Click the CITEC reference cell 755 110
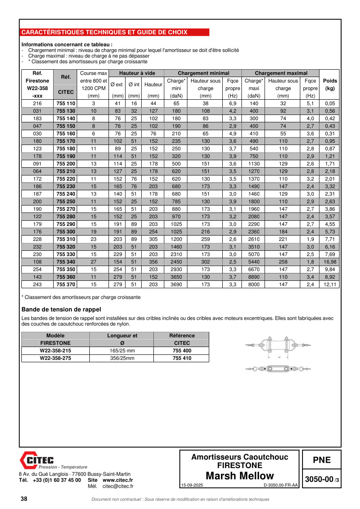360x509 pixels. [x=66, y=104]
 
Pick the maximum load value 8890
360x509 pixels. [x=254, y=277]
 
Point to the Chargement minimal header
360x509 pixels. [x=203, y=73]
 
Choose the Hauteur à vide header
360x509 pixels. [x=137, y=73]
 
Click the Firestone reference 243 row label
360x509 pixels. [x=37, y=285]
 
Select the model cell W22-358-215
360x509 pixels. [x=55, y=351]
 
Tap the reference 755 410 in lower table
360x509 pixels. [x=182, y=358]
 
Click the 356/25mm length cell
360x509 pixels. [x=122, y=358]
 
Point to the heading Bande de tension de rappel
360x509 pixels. [x=61, y=310]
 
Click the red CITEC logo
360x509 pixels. [x=37, y=460]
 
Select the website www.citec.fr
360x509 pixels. [x=118, y=480]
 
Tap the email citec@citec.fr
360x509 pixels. [x=118, y=486]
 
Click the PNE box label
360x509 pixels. [x=322, y=460]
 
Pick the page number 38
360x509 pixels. [x=24, y=499]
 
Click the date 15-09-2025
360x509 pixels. [x=192, y=485]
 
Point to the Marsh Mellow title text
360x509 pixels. [x=240, y=476]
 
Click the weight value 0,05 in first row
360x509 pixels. [x=330, y=104]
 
